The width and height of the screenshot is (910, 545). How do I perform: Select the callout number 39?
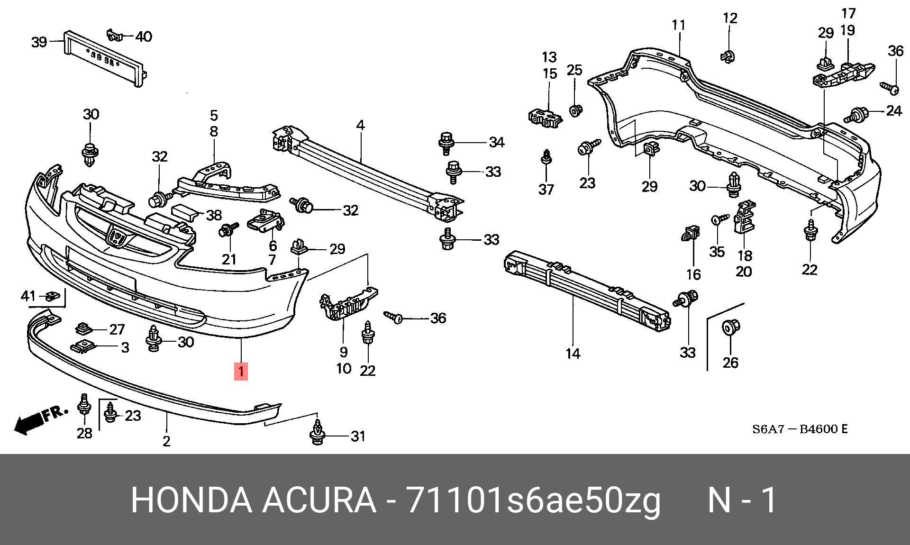click(x=39, y=42)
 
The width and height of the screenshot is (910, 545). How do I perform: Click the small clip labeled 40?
click(x=114, y=35)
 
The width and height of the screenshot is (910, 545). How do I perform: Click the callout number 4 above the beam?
click(x=360, y=126)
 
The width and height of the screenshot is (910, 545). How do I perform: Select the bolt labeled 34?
click(x=446, y=142)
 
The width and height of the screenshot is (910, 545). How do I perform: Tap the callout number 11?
click(x=679, y=25)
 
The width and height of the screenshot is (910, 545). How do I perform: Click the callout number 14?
click(x=573, y=354)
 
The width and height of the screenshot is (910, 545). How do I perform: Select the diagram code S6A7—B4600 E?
click(x=800, y=429)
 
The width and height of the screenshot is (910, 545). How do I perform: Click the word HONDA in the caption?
click(x=191, y=500)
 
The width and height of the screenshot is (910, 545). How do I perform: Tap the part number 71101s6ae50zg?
click(x=533, y=500)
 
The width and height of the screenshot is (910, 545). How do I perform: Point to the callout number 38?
click(x=214, y=215)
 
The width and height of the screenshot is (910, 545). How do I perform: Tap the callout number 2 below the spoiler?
click(x=166, y=441)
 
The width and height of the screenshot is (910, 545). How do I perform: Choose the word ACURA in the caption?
click(x=319, y=500)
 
